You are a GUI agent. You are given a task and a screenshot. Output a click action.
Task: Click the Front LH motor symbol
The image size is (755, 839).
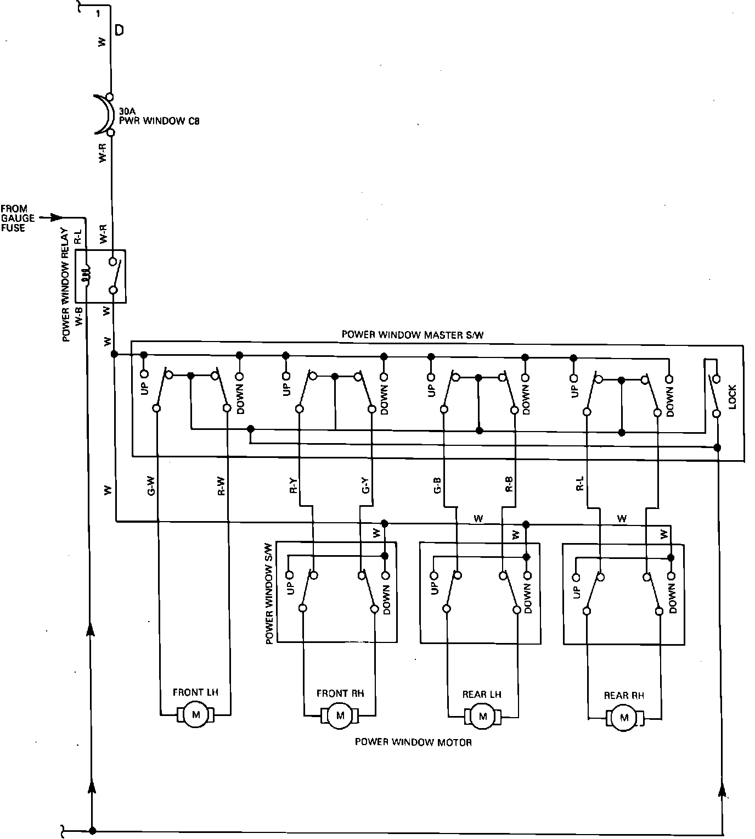195,714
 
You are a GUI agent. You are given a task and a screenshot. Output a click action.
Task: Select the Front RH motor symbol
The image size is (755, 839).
340,715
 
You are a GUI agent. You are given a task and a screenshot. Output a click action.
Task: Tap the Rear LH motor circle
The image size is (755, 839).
483,717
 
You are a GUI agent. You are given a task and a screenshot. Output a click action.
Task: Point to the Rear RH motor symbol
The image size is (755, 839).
624,718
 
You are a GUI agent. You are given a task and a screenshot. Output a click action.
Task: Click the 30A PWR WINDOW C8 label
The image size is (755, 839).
159,117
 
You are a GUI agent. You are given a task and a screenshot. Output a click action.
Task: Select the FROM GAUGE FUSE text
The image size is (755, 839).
17,218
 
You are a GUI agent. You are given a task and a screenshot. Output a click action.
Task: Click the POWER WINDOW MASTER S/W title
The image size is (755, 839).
413,334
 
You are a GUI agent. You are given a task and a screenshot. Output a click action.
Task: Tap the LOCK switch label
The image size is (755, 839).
732,396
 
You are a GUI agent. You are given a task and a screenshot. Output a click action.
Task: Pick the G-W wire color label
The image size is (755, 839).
151,485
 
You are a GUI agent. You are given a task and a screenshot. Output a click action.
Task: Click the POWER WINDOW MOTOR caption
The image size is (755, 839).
413,742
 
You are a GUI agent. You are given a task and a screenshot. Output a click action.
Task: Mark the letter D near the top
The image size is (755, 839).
119,31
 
